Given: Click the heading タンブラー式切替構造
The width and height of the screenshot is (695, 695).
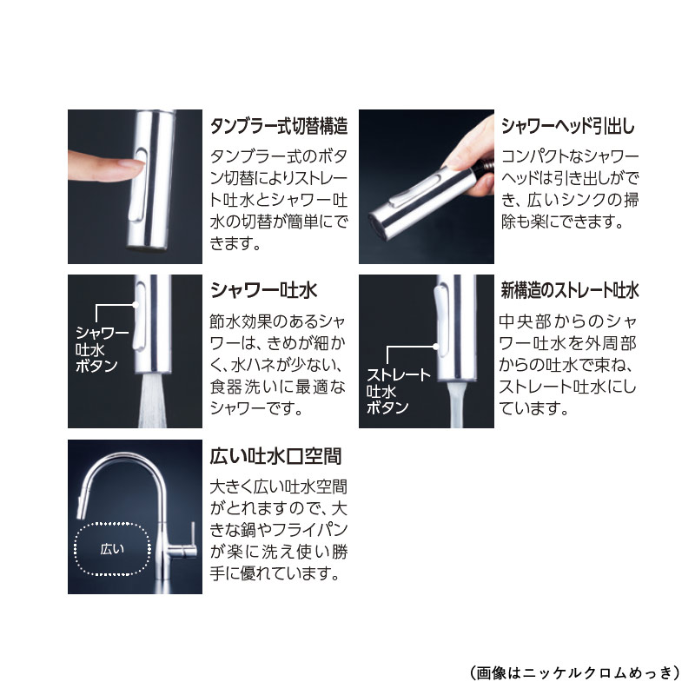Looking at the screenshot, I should tap(279, 126).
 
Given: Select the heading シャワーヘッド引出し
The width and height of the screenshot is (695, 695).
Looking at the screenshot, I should tap(568, 126).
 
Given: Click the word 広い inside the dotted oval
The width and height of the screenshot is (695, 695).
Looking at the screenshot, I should tap(112, 548).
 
